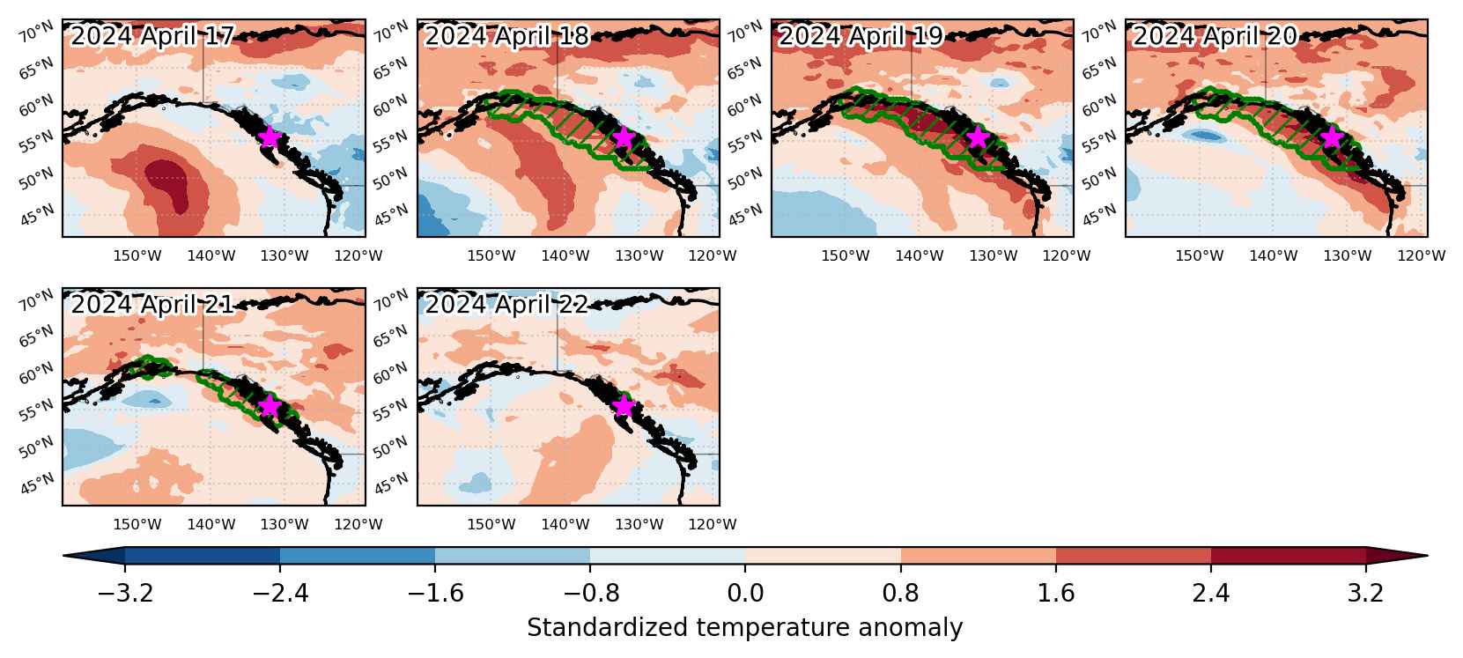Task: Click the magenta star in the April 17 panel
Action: coord(270,137)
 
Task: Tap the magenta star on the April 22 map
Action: coord(624,406)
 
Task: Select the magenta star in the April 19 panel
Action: coord(978,137)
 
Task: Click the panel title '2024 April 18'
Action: coord(506,36)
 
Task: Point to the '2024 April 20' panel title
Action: coord(1215,36)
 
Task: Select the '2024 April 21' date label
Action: coord(152,305)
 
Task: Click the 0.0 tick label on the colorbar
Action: coord(745,593)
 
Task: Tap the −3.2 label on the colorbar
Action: coord(125,593)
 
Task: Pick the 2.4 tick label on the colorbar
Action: coord(1211,593)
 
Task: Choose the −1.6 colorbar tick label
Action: coord(435,593)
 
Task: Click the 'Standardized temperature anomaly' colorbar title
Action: coord(744,627)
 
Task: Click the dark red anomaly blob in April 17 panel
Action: coord(168,185)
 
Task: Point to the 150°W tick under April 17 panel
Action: coord(137,255)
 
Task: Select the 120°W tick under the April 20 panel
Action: coord(1422,255)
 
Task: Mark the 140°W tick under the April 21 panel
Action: coord(211,524)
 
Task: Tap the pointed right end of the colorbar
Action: coord(1427,556)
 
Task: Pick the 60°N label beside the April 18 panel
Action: coord(390,105)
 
